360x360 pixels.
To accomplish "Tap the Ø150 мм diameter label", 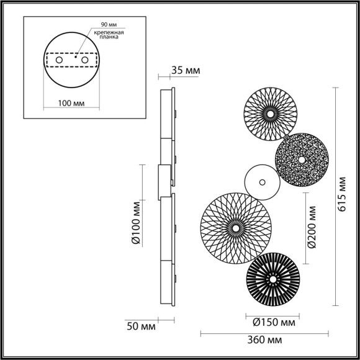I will pyautogui.click(x=274, y=322).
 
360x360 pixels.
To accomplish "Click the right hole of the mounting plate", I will pyautogui.click(x=84, y=60).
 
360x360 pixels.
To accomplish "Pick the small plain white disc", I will pyautogui.click(x=261, y=182).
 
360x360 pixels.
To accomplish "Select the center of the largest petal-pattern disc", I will pyautogui.click(x=236, y=228).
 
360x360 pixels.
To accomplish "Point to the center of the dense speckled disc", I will pyautogui.click(x=302, y=160).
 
